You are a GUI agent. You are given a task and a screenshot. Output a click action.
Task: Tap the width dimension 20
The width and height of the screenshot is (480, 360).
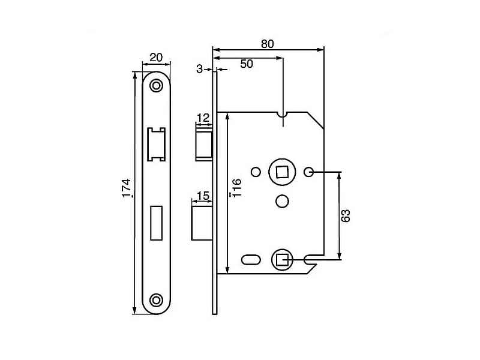(156, 58)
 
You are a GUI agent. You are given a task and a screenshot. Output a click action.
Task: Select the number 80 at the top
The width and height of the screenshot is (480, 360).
(268, 44)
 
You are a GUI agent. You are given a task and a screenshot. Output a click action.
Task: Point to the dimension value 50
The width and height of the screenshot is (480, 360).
(247, 64)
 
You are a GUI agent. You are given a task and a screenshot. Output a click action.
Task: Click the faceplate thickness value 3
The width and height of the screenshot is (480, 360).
(199, 69)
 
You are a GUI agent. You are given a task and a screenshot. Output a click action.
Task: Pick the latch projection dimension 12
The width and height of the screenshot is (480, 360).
(203, 118)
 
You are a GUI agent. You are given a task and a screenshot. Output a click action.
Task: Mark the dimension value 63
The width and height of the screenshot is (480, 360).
(346, 215)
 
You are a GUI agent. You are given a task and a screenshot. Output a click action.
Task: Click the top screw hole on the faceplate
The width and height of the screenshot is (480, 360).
(157, 85)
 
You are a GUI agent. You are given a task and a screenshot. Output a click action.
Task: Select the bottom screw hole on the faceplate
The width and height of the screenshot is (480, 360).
(157, 299)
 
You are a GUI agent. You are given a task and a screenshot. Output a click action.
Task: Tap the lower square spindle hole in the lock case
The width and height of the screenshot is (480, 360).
(281, 260)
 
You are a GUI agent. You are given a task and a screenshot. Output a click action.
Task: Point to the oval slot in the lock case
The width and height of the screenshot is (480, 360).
(250, 259)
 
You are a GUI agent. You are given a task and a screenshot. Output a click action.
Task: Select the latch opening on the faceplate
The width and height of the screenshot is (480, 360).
(157, 144)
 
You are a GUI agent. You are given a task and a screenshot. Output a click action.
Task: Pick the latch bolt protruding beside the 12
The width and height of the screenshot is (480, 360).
(204, 143)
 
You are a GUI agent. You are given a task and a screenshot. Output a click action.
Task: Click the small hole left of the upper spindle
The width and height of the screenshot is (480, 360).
(255, 172)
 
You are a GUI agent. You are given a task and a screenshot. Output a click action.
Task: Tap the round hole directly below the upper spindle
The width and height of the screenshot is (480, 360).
(281, 200)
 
